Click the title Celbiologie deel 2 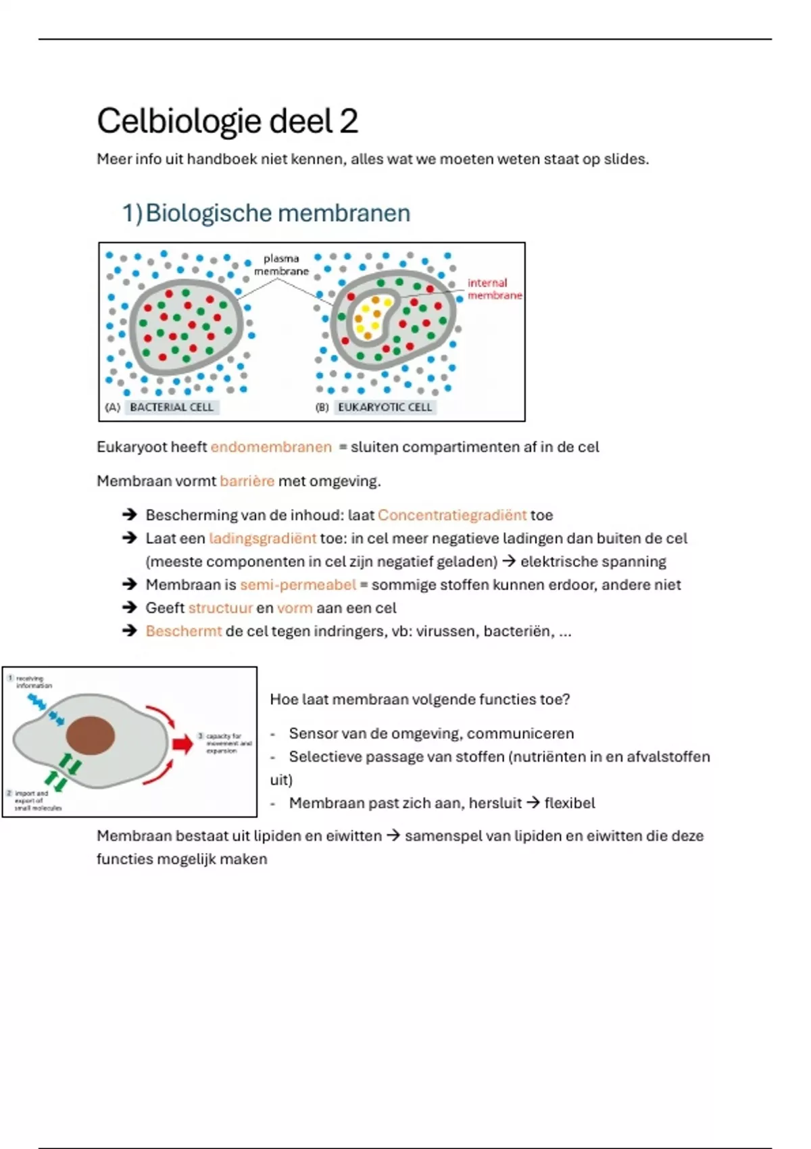227,122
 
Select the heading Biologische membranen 277,214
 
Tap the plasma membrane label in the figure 281,265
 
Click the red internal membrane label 495,289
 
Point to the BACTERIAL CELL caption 171,408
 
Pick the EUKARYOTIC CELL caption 385,408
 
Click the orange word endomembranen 271,447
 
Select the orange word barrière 247,481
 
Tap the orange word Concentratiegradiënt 451,515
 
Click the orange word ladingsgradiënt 262,539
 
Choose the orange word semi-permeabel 297,585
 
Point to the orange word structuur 220,608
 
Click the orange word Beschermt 183,631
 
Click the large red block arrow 182,744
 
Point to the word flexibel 570,804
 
